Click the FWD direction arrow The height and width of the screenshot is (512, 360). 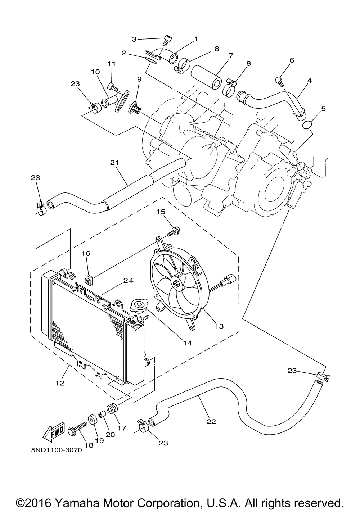pyautogui.click(x=54, y=431)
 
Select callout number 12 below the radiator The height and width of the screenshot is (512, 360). pyautogui.click(x=60, y=383)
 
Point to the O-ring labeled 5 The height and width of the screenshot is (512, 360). pyautogui.click(x=307, y=125)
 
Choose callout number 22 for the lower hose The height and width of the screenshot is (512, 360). pyautogui.click(x=211, y=421)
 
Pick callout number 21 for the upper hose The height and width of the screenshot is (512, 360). pyautogui.click(x=114, y=163)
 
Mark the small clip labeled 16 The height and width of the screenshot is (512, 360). pyautogui.click(x=89, y=280)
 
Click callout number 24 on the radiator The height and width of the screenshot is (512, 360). pyautogui.click(x=129, y=280)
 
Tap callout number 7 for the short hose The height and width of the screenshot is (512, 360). pyautogui.click(x=231, y=55)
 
